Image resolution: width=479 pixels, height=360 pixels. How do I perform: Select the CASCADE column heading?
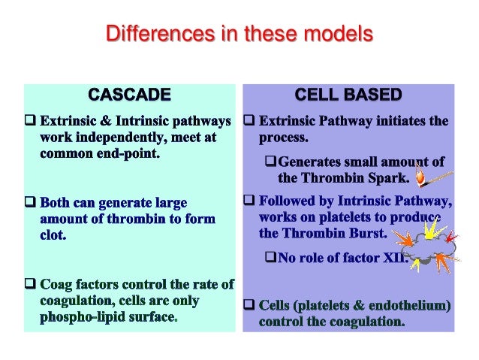pyautogui.click(x=129, y=95)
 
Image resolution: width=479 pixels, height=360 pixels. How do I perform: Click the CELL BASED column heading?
pyautogui.click(x=348, y=95)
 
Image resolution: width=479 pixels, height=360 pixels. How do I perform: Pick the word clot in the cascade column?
pyautogui.click(x=53, y=235)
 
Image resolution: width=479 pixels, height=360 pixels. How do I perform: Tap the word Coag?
pyautogui.click(x=59, y=285)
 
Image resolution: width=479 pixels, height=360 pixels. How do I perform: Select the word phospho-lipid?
pyautogui.click(x=80, y=317)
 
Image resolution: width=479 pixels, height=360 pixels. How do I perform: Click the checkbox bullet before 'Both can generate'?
pyautogui.click(x=30, y=203)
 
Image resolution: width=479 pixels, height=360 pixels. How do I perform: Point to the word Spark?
pyautogui.click(x=390, y=178)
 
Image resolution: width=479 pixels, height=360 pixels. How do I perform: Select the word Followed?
pyautogui.click(x=288, y=201)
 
